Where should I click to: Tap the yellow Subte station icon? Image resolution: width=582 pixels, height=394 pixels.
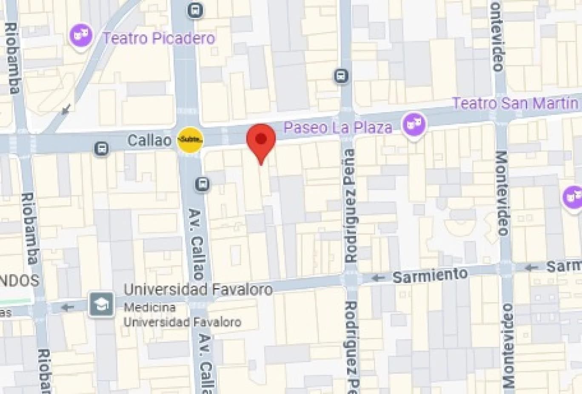190,139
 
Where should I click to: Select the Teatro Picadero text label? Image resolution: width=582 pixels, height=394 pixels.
159,38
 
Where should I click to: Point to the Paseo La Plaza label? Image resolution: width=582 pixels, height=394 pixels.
338,127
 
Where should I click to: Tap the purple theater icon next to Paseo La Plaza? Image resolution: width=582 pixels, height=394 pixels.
414,124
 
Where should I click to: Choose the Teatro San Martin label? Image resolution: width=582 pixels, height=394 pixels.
515,103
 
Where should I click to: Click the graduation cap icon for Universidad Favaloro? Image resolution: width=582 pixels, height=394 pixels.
102,304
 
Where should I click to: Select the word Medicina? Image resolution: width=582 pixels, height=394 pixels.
149,307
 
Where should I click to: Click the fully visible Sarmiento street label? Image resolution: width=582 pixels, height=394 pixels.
430,275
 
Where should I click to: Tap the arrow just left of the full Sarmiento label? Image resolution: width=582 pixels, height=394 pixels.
377,278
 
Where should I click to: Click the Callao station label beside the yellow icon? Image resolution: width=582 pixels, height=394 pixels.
149,140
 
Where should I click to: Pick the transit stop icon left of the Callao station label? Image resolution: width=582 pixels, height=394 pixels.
102,148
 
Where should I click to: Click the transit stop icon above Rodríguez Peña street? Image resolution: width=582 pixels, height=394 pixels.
341,76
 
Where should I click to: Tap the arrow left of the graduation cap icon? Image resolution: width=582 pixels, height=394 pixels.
67,307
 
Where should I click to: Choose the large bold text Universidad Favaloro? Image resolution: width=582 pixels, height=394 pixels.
198,290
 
